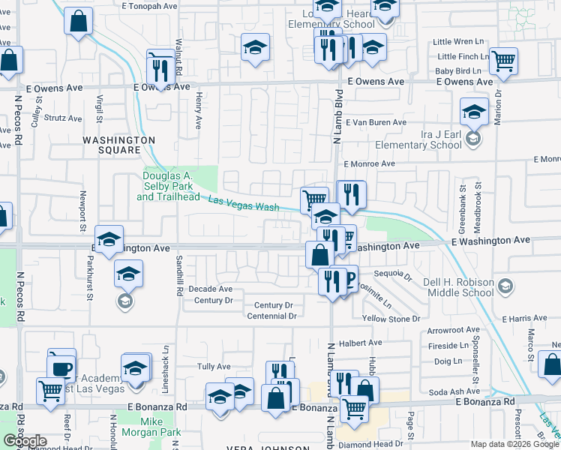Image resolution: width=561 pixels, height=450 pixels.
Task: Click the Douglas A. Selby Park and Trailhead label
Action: point(168,186)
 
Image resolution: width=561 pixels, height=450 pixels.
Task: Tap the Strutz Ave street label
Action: point(63,118)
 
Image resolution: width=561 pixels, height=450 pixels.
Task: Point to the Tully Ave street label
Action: point(213,366)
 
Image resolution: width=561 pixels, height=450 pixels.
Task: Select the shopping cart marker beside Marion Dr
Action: point(503,61)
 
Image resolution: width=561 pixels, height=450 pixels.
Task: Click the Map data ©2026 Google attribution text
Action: point(514,444)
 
